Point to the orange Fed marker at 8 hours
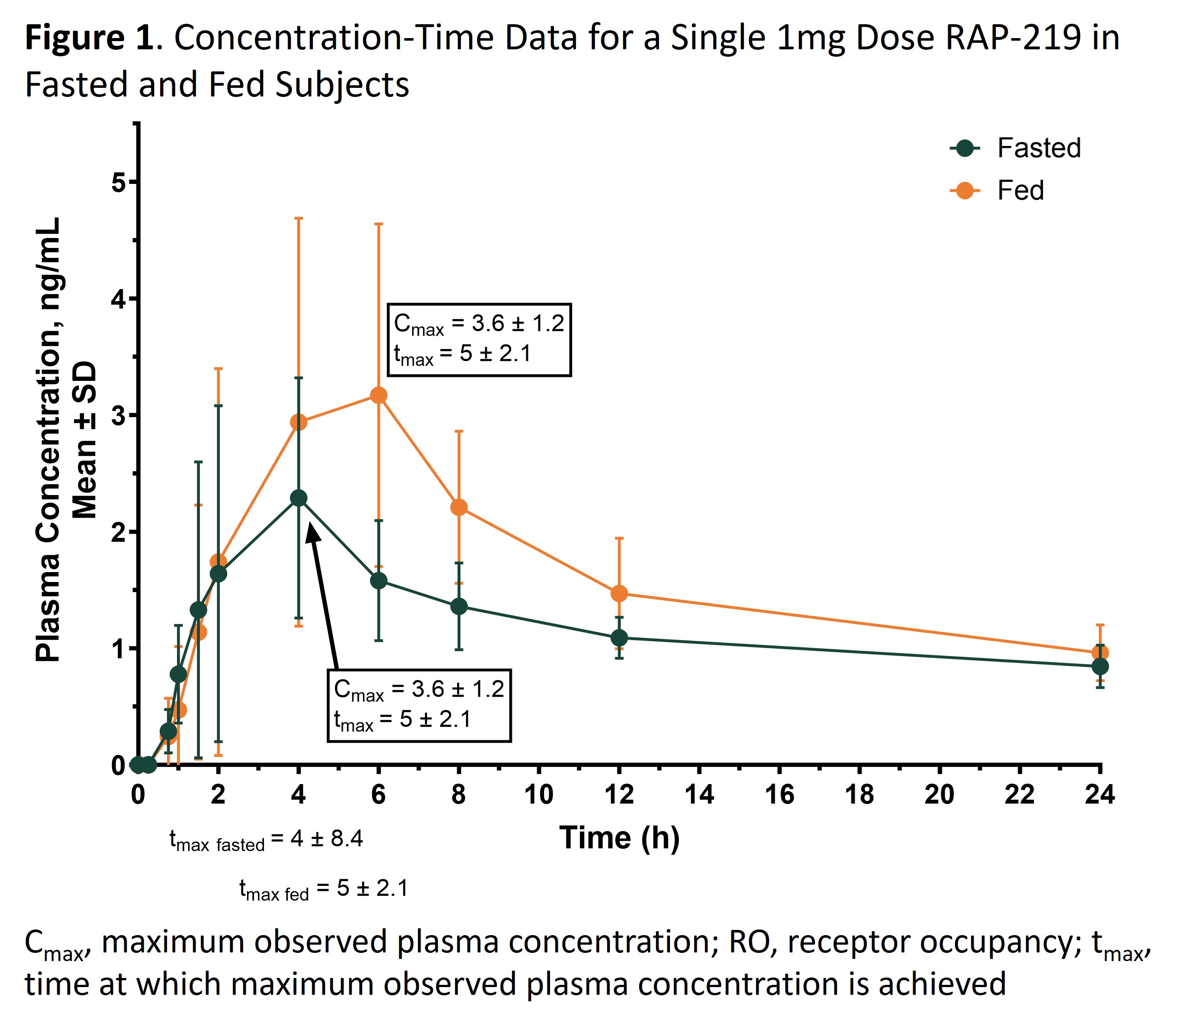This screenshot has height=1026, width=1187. coord(459,507)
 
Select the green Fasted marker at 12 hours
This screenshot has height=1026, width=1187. coord(619,637)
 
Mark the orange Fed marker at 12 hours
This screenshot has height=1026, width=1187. coord(619,593)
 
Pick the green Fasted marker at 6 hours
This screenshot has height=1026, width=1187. coord(379,581)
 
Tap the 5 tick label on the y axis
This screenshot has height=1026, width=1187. coord(118,183)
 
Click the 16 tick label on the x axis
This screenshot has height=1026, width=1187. coord(779,795)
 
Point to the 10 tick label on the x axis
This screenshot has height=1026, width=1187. coord(538,795)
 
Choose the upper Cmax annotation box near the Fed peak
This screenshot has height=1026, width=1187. coord(479,339)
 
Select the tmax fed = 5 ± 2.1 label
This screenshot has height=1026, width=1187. coord(323,888)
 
